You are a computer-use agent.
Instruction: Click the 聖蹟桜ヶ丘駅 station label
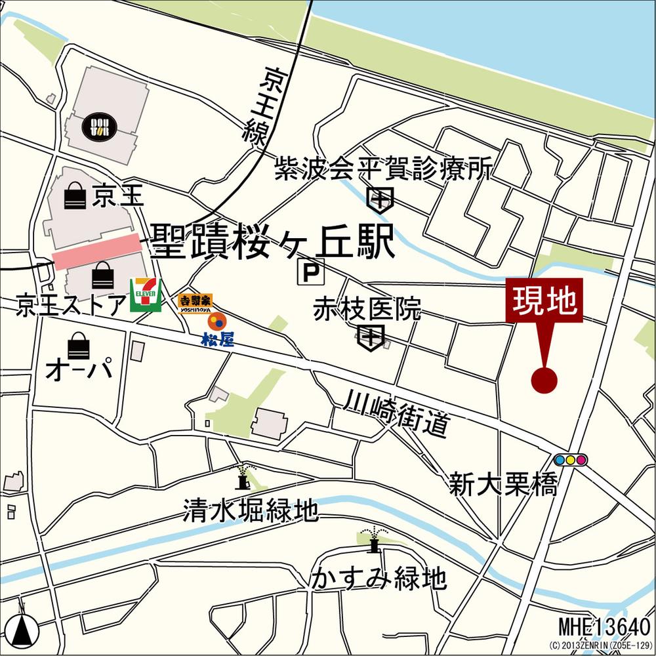273,242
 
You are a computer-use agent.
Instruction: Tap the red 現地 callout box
544,300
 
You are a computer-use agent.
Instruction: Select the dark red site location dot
544,380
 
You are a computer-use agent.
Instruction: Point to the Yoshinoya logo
195,303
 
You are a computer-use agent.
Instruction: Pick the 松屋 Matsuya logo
217,329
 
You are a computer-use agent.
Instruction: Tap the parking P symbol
311,272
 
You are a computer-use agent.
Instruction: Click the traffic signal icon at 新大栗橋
570,460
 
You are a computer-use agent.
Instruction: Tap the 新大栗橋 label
504,485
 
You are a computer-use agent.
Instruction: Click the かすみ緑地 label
379,578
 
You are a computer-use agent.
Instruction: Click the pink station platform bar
97,251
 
